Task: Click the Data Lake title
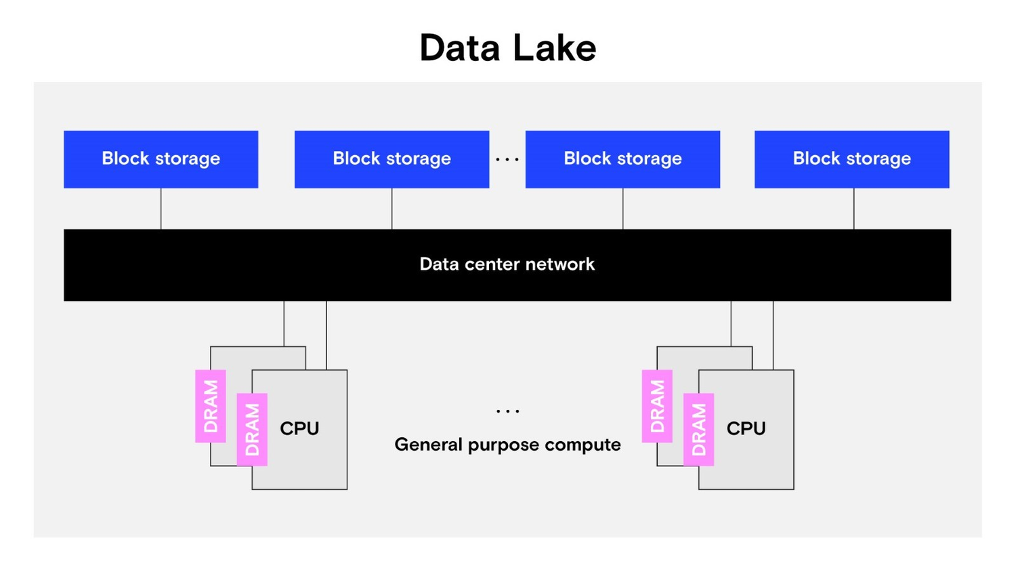coord(507,48)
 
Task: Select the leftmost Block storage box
coord(161,159)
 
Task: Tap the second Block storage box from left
coord(391,159)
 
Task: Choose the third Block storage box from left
coord(622,159)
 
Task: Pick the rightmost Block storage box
coord(851,159)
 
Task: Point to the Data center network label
coord(507,264)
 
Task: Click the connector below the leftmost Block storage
coord(161,209)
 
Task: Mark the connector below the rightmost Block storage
coord(853,209)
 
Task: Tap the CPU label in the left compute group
coord(299,428)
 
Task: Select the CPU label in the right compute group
coord(746,428)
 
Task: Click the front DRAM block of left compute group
coord(252,430)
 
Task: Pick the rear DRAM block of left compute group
coord(211,406)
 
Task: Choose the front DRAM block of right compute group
coord(698,430)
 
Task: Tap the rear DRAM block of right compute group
coord(657,406)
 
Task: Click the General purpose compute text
coord(507,445)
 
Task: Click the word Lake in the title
coord(554,48)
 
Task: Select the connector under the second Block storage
coord(391,209)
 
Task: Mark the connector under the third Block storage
coord(622,209)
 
